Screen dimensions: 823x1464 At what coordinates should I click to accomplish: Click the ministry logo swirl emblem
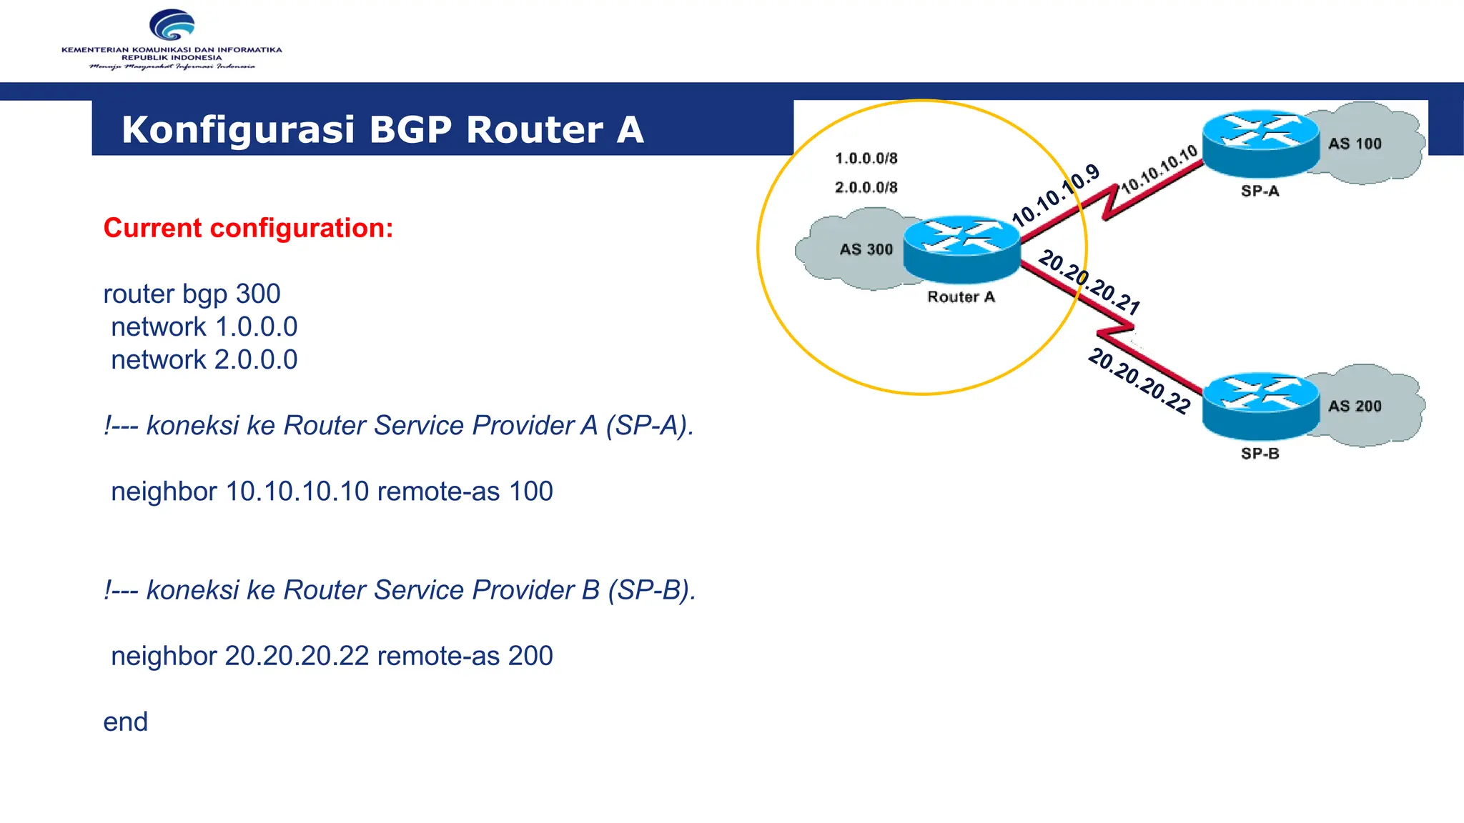tap(172, 26)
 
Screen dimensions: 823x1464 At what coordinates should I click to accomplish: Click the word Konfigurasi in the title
tap(238, 130)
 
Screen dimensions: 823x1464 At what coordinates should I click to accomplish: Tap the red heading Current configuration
tap(248, 228)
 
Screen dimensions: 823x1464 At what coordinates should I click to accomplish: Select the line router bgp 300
tap(192, 294)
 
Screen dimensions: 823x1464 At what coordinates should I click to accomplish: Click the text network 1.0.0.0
tap(204, 326)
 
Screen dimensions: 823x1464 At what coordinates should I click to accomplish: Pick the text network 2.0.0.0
tap(204, 359)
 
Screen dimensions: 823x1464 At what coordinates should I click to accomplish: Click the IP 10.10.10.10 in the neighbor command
tap(297, 492)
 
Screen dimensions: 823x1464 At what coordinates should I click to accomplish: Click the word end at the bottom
tap(125, 722)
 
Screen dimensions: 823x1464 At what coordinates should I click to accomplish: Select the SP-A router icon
tap(1260, 144)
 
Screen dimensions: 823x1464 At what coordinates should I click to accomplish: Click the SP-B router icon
tap(1260, 406)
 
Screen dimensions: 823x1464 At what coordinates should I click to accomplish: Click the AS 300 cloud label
tap(866, 249)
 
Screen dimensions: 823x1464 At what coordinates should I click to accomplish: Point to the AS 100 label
tap(1355, 144)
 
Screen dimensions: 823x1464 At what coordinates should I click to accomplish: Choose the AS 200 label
tap(1355, 406)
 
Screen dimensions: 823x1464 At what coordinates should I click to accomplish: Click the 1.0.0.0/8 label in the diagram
tap(866, 158)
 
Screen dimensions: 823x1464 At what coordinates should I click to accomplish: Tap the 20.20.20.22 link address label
tap(1139, 381)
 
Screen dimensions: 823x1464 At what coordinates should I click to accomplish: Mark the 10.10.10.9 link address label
tap(1056, 195)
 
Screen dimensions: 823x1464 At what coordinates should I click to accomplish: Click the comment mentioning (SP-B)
tap(400, 590)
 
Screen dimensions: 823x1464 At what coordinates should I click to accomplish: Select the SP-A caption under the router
tap(1260, 191)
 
